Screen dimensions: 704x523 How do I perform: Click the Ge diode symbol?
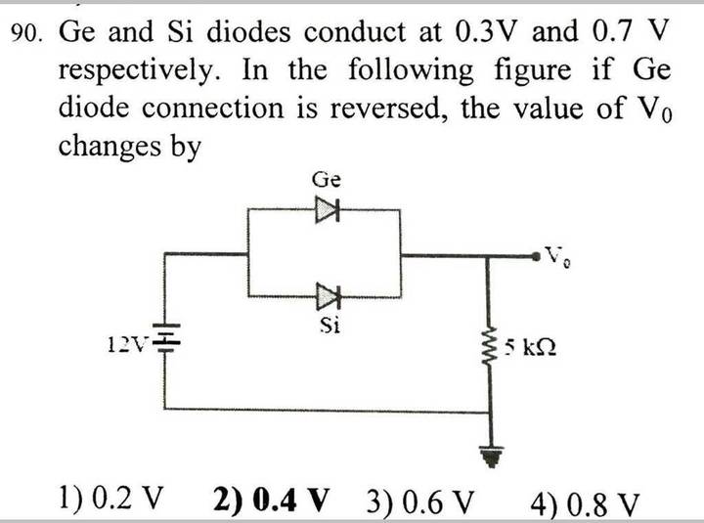tap(328, 209)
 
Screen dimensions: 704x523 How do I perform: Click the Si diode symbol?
tap(329, 297)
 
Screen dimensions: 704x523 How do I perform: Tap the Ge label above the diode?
tap(327, 180)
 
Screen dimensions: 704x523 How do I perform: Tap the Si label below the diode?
tap(330, 325)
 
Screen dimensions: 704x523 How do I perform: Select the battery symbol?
tap(165, 337)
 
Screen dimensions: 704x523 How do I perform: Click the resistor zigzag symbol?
tap(490, 347)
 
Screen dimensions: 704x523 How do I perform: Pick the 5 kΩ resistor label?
tap(530, 347)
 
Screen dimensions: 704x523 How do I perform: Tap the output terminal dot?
tap(536, 256)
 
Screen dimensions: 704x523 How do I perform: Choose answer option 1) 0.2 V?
tap(110, 499)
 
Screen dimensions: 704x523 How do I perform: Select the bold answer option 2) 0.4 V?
tap(271, 500)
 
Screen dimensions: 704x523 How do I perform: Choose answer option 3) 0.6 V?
tap(419, 501)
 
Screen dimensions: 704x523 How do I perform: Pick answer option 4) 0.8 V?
tap(584, 504)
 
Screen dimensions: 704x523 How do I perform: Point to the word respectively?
tap(140, 71)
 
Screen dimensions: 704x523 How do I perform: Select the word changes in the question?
tap(110, 146)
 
